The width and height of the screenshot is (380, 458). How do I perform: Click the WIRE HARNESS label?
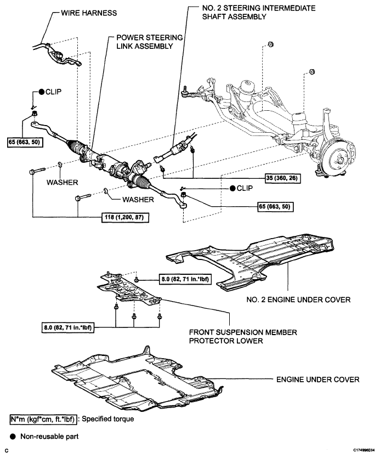[89, 13]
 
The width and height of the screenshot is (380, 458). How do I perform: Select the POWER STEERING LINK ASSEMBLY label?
[149, 42]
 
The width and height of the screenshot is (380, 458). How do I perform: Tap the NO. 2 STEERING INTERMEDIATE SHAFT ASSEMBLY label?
[258, 12]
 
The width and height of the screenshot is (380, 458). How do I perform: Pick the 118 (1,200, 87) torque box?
[125, 217]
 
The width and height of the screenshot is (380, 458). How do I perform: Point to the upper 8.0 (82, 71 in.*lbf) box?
[185, 279]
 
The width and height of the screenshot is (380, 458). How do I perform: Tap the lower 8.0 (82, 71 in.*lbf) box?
[68, 327]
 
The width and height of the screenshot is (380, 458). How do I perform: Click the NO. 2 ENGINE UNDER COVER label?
[298, 299]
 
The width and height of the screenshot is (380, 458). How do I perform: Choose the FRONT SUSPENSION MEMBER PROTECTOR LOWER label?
[243, 336]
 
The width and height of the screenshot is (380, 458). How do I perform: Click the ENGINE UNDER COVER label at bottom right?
[318, 380]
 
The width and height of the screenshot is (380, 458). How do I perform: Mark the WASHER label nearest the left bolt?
[62, 182]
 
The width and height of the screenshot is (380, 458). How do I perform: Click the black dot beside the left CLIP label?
[42, 92]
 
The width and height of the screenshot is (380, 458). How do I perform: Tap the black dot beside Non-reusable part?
[13, 437]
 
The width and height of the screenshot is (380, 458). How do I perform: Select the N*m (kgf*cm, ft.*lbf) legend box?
[43, 420]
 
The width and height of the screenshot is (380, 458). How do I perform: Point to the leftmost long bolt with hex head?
[37, 171]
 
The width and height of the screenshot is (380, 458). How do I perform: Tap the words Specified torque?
[108, 419]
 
